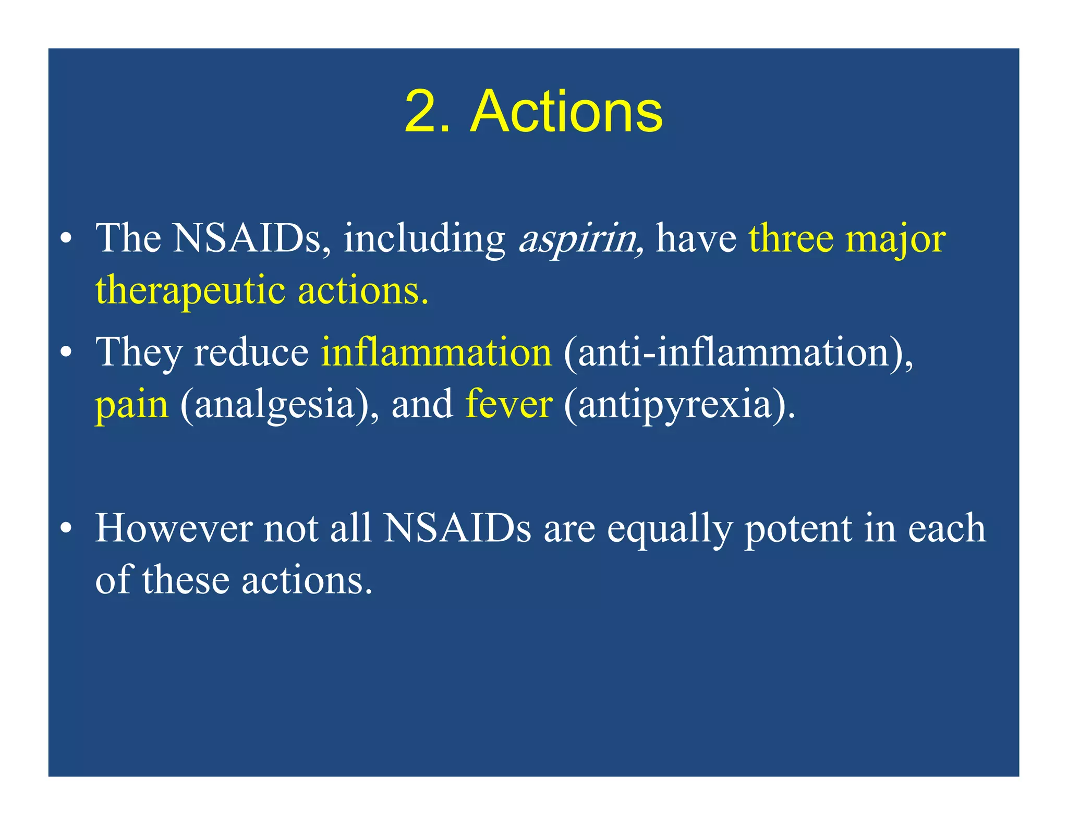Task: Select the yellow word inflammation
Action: pos(436,353)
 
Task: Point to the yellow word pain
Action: pos(131,406)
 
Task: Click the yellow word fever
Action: pos(508,405)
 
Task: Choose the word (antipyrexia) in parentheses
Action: pos(679,406)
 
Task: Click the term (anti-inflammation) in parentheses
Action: pos(737,353)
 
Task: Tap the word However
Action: pos(174,529)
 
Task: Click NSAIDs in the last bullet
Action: pos(457,529)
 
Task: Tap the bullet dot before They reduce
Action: pos(66,354)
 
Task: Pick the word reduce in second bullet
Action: pos(251,353)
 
